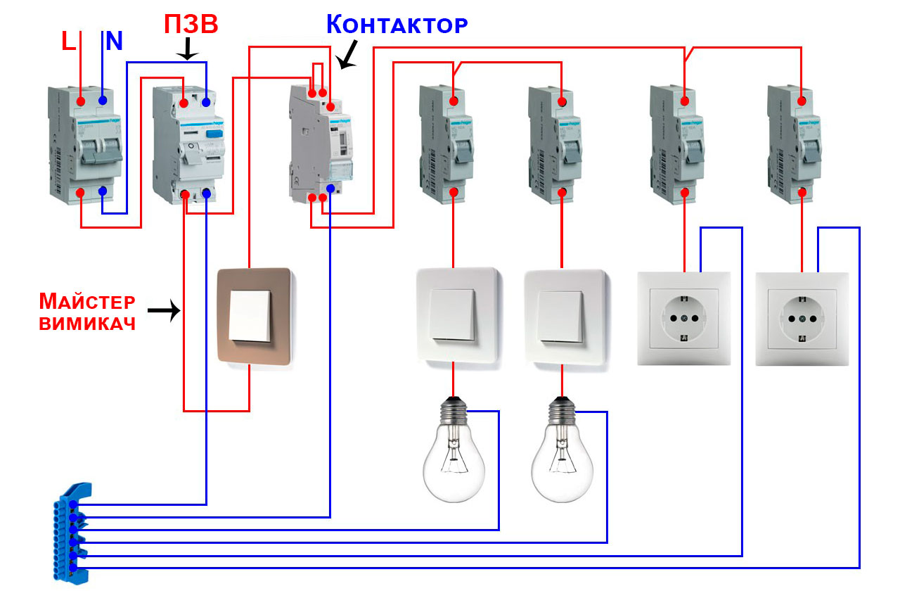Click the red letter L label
pyautogui.click(x=68, y=41)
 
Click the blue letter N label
pyautogui.click(x=113, y=41)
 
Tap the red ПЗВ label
pyautogui.click(x=191, y=25)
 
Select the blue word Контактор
pyautogui.click(x=397, y=25)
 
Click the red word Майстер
pyautogui.click(x=86, y=302)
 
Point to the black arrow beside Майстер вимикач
pyautogui.click(x=163, y=310)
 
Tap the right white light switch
pyautogui.click(x=564, y=317)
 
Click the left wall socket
pyautogui.click(x=683, y=319)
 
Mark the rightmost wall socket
pyautogui.click(x=802, y=319)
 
